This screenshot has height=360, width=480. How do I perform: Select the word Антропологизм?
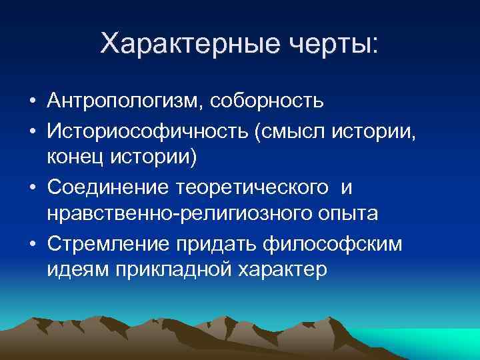pos(125,102)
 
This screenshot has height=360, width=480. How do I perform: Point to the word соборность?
pos(267,102)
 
